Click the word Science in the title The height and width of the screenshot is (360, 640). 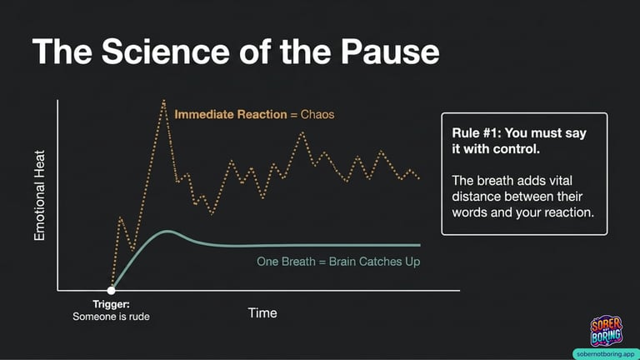tap(165, 52)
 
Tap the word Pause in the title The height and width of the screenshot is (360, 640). tap(390, 52)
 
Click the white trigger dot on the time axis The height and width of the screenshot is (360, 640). tap(111, 291)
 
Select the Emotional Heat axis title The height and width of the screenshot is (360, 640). tap(40, 196)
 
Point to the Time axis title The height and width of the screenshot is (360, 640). tap(262, 313)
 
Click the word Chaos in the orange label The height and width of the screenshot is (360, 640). tap(317, 114)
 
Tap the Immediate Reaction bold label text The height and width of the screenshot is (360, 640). tap(231, 114)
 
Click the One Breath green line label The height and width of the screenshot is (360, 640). tap(338, 262)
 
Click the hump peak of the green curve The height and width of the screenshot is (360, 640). tap(167, 232)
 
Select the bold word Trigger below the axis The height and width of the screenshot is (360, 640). tap(111, 304)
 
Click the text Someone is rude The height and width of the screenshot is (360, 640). tap(111, 317)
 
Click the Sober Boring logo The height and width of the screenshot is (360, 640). tap(606, 331)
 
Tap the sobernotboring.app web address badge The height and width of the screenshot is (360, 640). tap(606, 354)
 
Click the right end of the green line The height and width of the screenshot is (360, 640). tap(420, 245)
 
